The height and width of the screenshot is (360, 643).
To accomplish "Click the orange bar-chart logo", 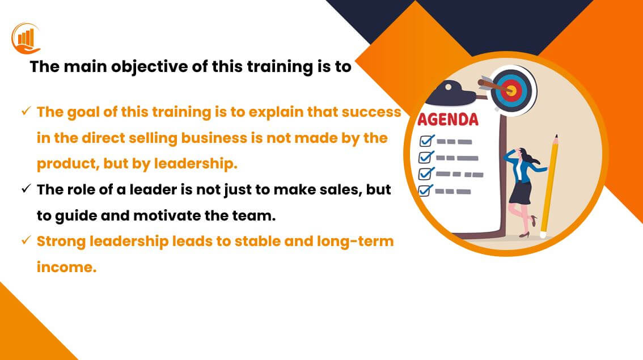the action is (x=26, y=39).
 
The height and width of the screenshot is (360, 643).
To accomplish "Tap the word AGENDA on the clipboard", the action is (x=448, y=120).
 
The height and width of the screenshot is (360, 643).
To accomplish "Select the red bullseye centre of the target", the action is (x=511, y=90).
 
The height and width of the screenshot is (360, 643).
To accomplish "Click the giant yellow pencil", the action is (x=549, y=187).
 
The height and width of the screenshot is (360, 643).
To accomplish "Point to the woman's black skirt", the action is (x=521, y=192).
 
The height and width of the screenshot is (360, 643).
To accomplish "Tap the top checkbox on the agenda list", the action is (x=426, y=141).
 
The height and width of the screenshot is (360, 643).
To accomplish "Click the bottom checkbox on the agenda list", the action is (x=425, y=190).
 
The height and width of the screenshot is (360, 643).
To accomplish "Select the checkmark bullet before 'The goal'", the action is (x=26, y=111).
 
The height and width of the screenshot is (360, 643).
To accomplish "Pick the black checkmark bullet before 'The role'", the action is (x=26, y=189).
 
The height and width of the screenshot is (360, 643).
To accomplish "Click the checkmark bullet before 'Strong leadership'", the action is (x=26, y=240).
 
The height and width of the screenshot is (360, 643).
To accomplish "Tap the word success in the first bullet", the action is (x=371, y=112).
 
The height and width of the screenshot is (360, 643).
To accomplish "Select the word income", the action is (x=66, y=268).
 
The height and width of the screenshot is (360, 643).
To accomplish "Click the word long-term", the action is (x=355, y=242).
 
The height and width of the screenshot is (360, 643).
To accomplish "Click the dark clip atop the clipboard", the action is (x=451, y=94).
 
